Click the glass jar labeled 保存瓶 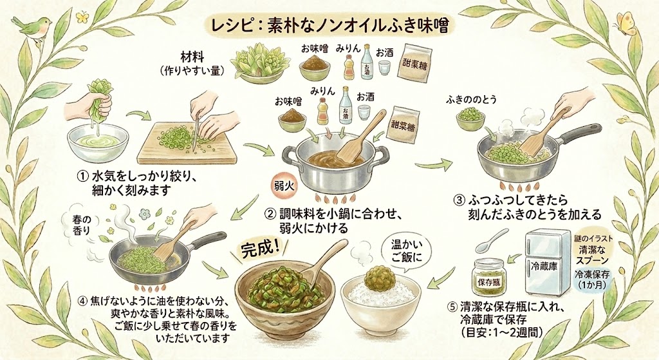(x=490, y=277)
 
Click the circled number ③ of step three (x=459, y=200)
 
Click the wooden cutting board (x=187, y=144)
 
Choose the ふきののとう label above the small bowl (x=471, y=100)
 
